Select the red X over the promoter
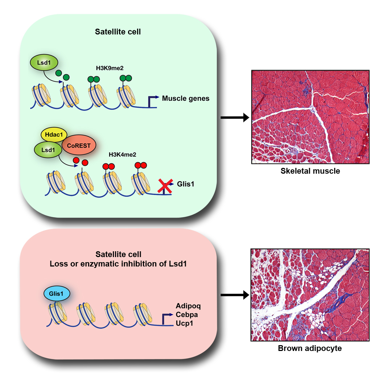tap(164, 186)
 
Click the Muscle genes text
tap(185, 98)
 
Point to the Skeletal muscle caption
tap(310, 171)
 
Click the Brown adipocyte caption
tap(310, 348)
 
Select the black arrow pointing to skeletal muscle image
tap(235, 117)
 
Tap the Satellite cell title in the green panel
tap(118, 32)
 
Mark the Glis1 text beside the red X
tap(186, 184)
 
